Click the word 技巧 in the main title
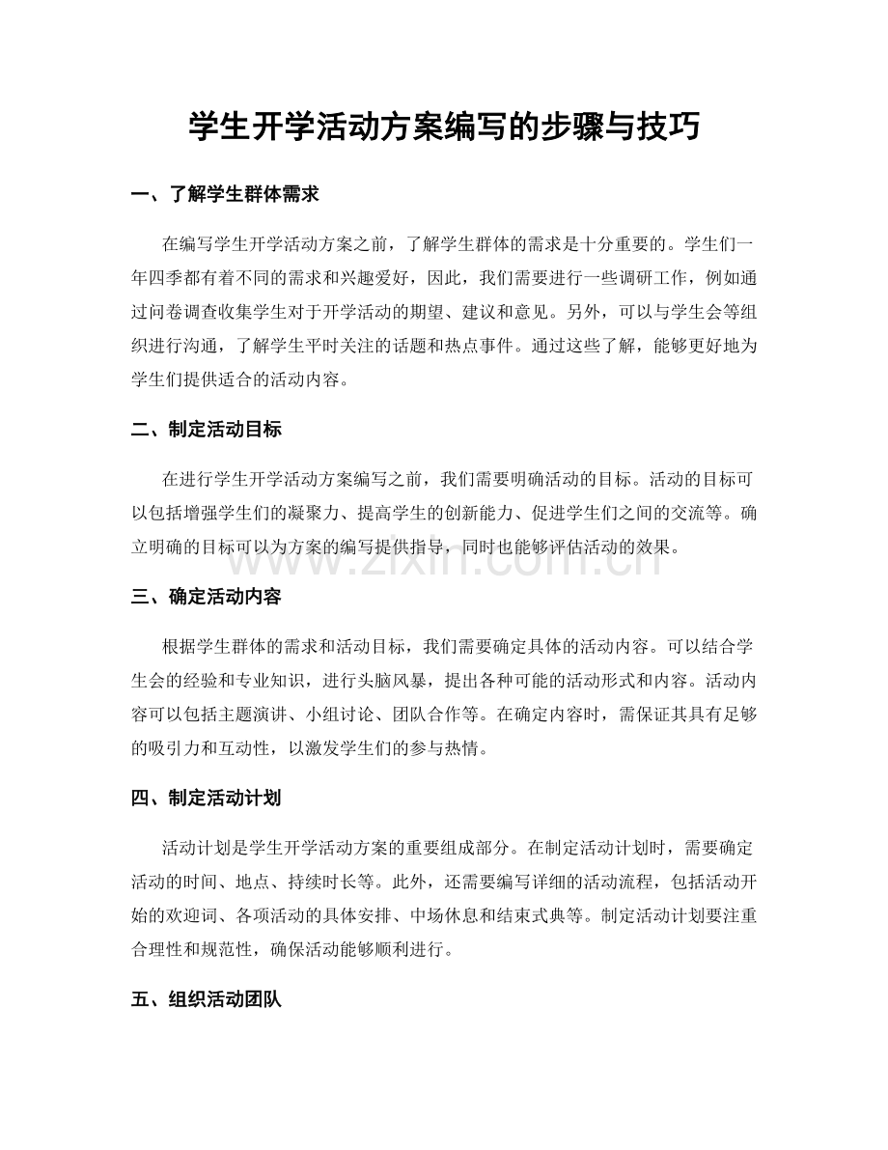tap(667, 126)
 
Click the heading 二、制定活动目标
tap(206, 430)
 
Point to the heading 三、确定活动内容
tap(206, 597)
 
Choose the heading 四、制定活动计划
tap(206, 799)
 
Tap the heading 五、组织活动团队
tap(206, 1000)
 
